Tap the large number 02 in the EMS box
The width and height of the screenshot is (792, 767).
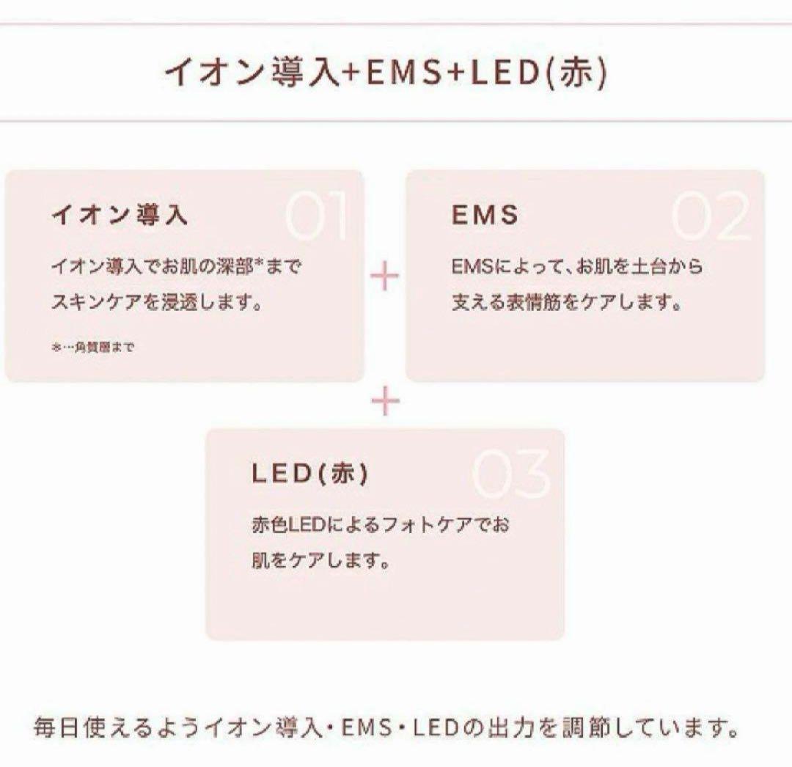click(711, 218)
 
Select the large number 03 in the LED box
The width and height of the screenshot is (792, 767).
click(511, 475)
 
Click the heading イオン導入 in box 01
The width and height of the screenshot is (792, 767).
click(120, 215)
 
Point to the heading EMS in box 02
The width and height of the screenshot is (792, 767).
click(485, 215)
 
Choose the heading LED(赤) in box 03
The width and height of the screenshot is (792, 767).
click(310, 474)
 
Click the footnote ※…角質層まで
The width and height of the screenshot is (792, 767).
click(92, 348)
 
